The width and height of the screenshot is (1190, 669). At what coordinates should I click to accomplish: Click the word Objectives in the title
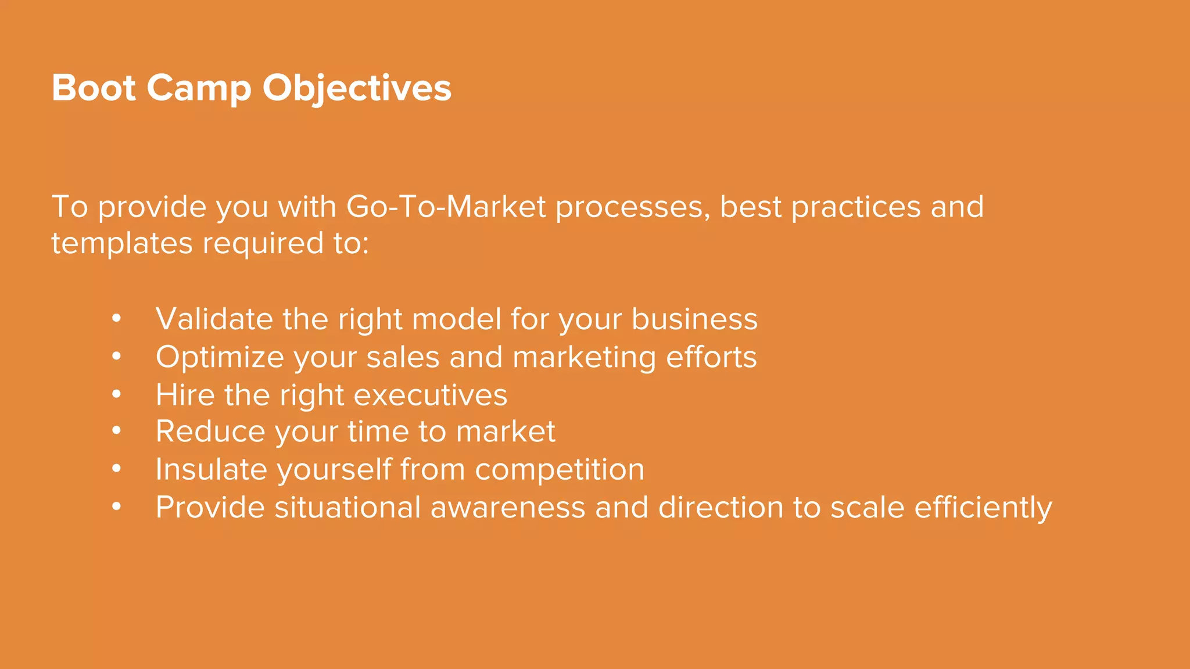pos(356,88)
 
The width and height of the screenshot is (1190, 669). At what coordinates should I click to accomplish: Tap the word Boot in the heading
pos(94,88)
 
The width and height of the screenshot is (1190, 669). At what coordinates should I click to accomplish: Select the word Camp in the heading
pos(199,88)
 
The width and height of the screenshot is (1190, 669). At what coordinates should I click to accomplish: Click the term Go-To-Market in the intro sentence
pos(446,207)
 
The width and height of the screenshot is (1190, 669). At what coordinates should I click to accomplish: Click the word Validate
pos(214,319)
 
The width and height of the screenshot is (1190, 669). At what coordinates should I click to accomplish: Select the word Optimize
pos(220,357)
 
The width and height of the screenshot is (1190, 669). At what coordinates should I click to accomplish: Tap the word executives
pos(430,395)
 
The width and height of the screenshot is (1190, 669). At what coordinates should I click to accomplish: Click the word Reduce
pos(210,431)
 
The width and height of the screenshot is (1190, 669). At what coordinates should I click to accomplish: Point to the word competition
pos(560,469)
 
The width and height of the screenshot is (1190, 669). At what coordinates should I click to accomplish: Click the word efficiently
pos(983,508)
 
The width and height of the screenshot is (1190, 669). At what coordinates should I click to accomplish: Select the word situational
pos(347,508)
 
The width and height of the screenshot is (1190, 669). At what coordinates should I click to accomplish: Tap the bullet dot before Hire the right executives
pos(117,394)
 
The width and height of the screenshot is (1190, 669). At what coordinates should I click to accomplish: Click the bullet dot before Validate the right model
pos(117,318)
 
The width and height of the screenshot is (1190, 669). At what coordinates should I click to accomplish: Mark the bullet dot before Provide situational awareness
pos(117,507)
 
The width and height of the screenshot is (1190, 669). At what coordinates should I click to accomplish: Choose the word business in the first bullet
pos(694,319)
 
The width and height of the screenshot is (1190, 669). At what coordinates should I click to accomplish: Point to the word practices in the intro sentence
pos(855,207)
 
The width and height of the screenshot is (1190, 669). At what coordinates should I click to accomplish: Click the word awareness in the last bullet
pos(507,508)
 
